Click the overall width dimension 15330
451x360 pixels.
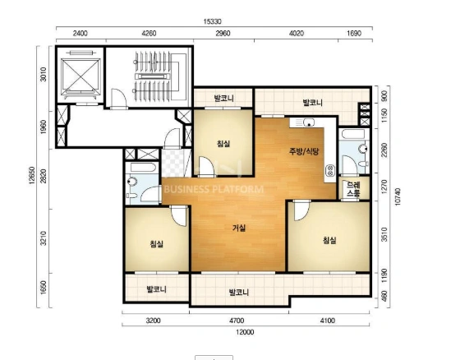[212, 21]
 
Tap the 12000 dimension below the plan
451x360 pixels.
[245, 332]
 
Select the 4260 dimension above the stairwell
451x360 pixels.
[149, 34]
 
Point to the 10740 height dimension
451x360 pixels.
[398, 196]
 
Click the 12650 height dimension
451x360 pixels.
[32, 176]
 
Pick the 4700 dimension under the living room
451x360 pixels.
[237, 321]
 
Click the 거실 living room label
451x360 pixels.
[239, 228]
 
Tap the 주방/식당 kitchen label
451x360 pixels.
[304, 151]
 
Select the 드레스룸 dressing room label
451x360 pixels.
[353, 189]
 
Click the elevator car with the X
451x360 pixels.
[81, 76]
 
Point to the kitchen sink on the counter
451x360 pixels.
[307, 123]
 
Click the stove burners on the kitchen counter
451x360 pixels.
[330, 170]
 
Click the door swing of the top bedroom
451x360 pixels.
[207, 166]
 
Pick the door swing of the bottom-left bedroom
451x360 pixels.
[179, 215]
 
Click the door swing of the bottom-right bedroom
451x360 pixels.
[301, 211]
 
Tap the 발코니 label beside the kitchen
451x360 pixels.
[313, 103]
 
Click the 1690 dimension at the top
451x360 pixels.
[354, 34]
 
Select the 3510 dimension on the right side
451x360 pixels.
[384, 234]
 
